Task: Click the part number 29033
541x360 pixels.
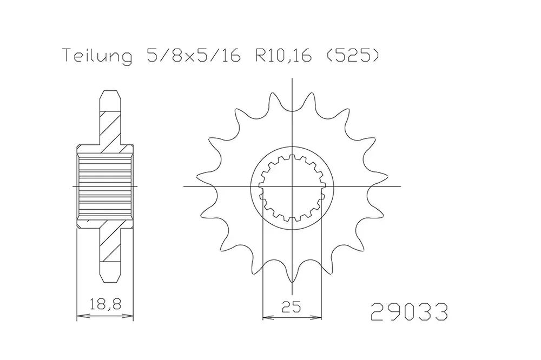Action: click(x=408, y=312)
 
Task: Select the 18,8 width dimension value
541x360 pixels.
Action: click(x=105, y=304)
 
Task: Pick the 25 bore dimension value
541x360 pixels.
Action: click(x=292, y=308)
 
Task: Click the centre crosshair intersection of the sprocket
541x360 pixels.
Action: click(x=292, y=186)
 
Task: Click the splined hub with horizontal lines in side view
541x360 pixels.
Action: click(x=105, y=186)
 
